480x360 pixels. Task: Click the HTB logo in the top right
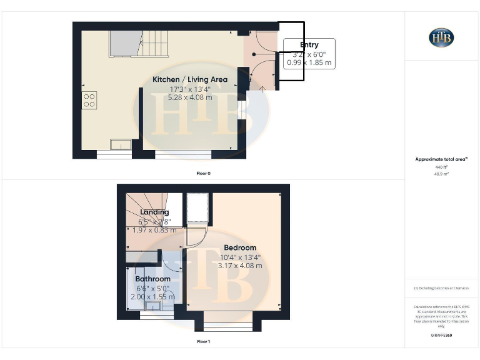[441, 37]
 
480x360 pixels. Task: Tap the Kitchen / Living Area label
[190, 79]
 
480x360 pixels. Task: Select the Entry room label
[309, 44]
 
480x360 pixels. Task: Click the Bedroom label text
[240, 247]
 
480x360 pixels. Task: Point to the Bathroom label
[152, 279]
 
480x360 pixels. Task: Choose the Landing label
[154, 212]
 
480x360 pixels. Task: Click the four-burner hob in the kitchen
[89, 100]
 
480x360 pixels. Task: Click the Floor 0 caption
[203, 172]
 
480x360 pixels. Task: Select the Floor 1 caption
[203, 342]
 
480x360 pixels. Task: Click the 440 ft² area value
[441, 167]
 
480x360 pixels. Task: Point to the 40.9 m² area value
[441, 174]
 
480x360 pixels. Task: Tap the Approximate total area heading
[441, 159]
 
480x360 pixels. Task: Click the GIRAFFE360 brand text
[441, 336]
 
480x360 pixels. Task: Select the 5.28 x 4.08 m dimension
[190, 97]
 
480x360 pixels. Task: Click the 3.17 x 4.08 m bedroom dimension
[240, 266]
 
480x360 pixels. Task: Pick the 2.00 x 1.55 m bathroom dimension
[152, 297]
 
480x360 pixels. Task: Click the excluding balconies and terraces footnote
[441, 287]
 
